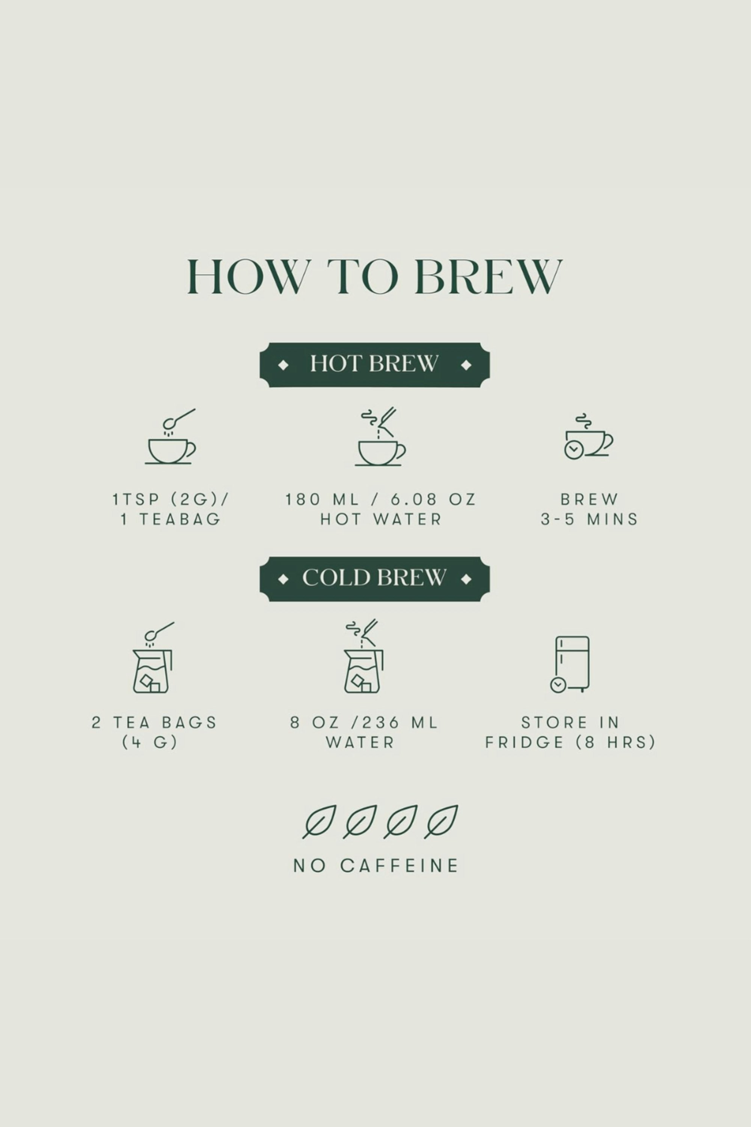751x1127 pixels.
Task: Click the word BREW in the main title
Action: (489, 276)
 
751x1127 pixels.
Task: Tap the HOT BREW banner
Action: (374, 365)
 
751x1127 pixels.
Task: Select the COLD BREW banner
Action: (374, 579)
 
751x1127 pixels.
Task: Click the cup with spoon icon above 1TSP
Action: (170, 436)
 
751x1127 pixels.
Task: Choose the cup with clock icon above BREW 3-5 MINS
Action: (589, 436)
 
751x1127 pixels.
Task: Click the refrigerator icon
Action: (570, 664)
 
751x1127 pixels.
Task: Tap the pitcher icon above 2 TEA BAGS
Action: (153, 657)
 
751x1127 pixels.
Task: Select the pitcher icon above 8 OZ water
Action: (363, 656)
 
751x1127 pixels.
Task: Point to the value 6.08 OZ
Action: (433, 500)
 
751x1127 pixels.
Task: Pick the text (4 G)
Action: (150, 743)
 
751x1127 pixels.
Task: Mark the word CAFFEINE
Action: (400, 866)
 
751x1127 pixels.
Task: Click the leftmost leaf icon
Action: (319, 821)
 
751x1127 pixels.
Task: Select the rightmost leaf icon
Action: (440, 821)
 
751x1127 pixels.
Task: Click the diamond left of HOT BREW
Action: (283, 365)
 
